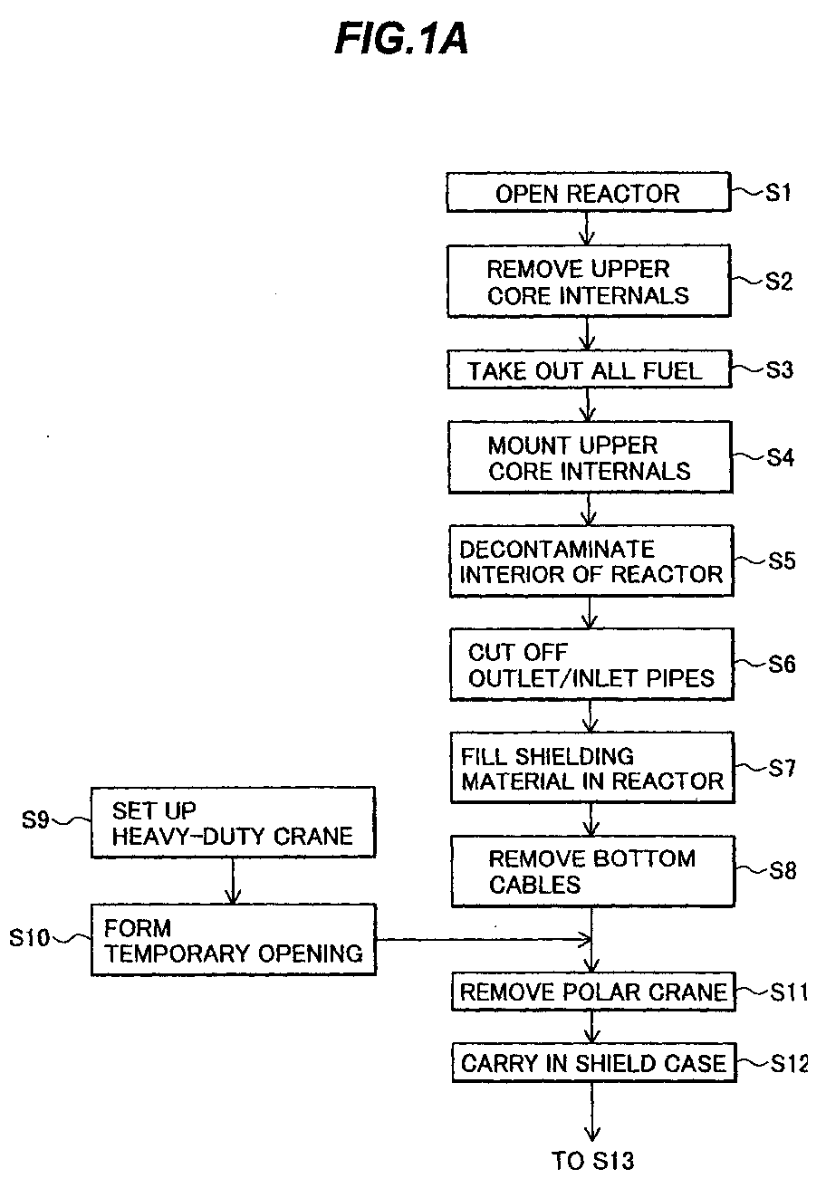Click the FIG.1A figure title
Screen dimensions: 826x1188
[401, 39]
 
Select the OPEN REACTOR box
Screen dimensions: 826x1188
[589, 193]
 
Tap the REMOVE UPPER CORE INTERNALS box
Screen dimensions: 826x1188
[589, 281]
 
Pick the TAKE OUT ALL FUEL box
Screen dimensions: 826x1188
[590, 369]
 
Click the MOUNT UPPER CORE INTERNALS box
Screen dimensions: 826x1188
[591, 457]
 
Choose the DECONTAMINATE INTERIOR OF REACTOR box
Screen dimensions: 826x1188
[591, 561]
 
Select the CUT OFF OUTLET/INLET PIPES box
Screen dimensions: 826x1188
[592, 665]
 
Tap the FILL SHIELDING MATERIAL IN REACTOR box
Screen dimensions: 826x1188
[592, 768]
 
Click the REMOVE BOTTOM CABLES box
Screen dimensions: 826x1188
[593, 871]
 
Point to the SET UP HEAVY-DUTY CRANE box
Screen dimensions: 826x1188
[233, 822]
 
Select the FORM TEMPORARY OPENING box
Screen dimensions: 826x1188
[234, 940]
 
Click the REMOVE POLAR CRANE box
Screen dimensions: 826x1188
[593, 992]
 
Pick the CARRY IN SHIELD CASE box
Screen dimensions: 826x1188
[594, 1063]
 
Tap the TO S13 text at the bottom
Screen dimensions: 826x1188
[592, 1161]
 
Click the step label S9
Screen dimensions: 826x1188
[35, 820]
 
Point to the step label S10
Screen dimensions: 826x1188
[29, 938]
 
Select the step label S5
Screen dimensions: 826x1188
[782, 560]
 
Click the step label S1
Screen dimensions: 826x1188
[778, 193]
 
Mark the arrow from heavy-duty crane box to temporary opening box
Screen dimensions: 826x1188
[233, 881]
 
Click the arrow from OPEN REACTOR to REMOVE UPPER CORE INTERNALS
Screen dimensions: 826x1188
[586, 228]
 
